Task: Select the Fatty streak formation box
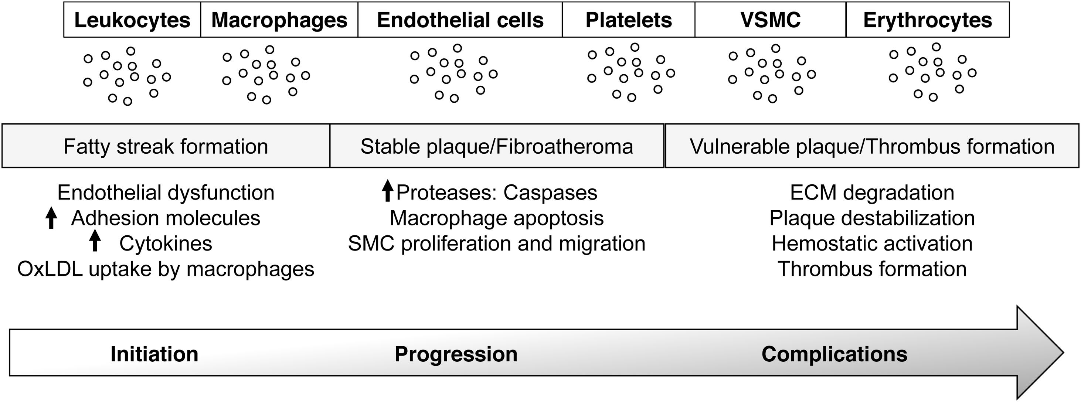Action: pos(166,146)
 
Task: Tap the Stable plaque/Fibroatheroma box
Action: pos(496,146)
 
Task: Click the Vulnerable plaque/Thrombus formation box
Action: pos(872,146)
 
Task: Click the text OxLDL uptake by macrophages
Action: pos(166,269)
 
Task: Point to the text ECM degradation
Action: pos(872,193)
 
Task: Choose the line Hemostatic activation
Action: pos(872,244)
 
